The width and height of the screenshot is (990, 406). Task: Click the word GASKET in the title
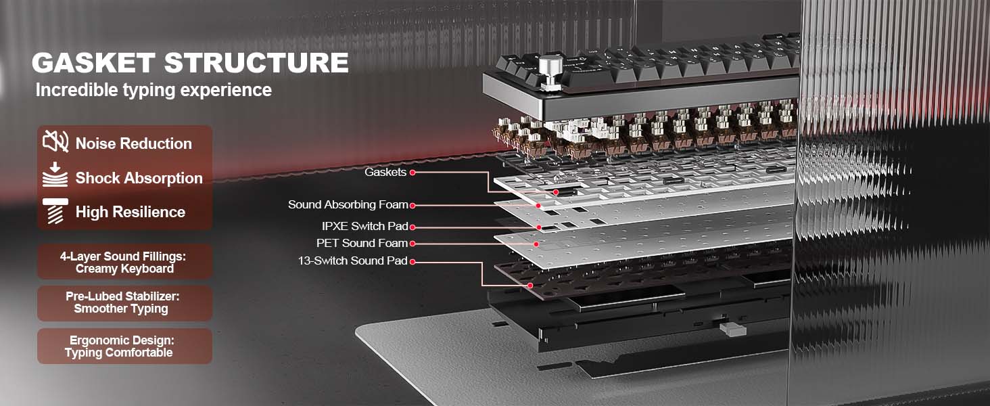coord(93,63)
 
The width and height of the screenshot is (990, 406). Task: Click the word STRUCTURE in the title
coord(257,63)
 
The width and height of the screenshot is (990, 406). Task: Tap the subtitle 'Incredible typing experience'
coord(154,90)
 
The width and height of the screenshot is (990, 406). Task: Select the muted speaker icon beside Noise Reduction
coord(55,141)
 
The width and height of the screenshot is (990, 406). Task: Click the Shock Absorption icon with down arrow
coord(55,175)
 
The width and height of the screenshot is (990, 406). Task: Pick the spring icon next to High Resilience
coord(55,211)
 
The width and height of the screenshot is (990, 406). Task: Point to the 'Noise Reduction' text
coord(133,143)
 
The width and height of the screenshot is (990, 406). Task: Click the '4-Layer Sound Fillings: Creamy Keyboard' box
coord(124,262)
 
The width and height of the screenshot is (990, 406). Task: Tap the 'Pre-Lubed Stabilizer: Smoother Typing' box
coord(124,303)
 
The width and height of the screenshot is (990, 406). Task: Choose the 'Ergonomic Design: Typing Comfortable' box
coord(124,346)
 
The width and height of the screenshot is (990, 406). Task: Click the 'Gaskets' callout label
coord(385,172)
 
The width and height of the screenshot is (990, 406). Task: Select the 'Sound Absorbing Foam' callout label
coord(348,205)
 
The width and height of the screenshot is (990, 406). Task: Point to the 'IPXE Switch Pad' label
coord(364,227)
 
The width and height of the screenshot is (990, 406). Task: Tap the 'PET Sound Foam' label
coord(362,243)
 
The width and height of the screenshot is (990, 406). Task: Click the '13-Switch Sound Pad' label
coord(353,261)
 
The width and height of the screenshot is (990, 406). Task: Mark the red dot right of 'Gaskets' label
coord(412,173)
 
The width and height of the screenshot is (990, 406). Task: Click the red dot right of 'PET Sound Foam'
coord(412,243)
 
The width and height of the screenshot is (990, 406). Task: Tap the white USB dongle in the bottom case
coord(732,330)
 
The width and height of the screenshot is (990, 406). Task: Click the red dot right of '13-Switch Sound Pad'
coord(412,262)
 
